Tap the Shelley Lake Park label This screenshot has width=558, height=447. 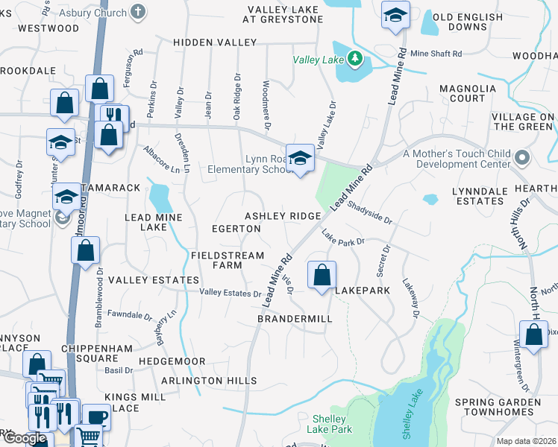tap(331, 424)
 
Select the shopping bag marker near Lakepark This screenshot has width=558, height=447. tap(322, 275)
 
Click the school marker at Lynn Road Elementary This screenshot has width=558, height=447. tap(300, 159)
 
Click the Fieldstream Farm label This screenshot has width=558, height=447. tap(228, 260)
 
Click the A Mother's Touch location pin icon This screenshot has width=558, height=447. tap(522, 158)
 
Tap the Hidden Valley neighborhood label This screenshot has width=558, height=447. tap(215, 43)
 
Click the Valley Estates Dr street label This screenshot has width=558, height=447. tap(230, 294)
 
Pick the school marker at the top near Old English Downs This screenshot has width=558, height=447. tap(395, 15)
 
